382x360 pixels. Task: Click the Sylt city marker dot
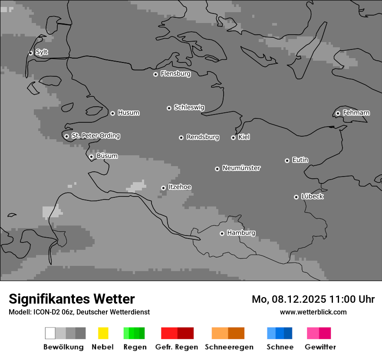tap(31, 53)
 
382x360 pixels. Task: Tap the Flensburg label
tap(175, 74)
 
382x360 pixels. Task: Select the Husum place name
tap(128, 113)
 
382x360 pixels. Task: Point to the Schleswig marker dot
tap(169, 108)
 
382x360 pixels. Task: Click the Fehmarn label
tap(356, 113)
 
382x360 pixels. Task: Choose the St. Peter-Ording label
tap(95, 136)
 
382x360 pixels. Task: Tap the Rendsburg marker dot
tap(181, 137)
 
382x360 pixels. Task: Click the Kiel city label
tap(244, 137)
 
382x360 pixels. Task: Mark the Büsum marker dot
tap(91, 157)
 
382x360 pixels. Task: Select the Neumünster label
tap(241, 168)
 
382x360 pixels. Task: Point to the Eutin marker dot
tap(287, 160)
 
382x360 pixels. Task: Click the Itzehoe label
tap(180, 187)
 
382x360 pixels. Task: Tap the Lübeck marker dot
tap(296, 197)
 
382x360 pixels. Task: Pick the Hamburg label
tap(241, 233)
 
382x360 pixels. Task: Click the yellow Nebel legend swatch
tap(103, 333)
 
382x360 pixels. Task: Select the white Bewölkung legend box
tap(50, 333)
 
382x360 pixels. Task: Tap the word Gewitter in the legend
tap(320, 347)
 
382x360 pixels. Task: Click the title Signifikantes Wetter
tap(72, 299)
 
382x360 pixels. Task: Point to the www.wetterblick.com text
tap(313, 312)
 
